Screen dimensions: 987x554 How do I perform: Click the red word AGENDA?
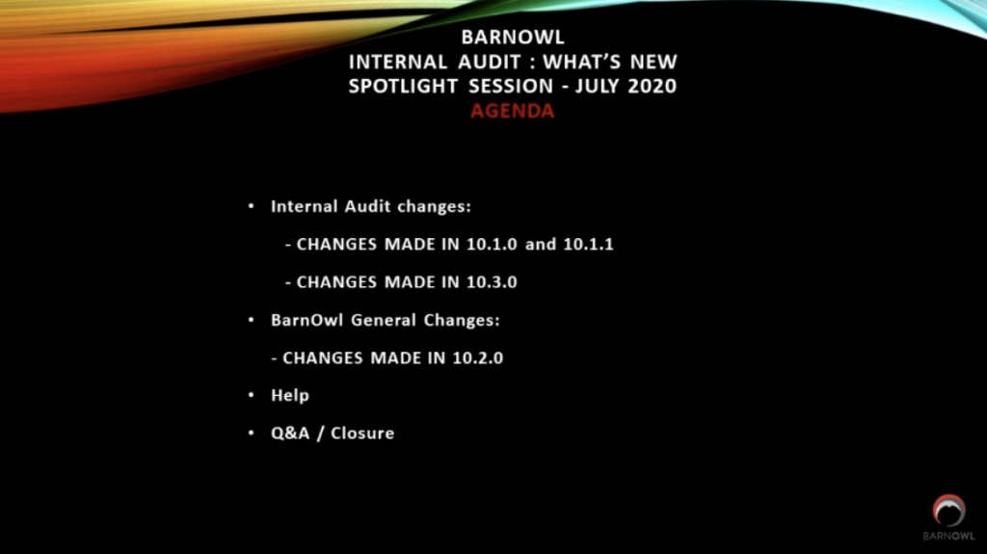513,111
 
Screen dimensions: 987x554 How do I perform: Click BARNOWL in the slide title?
513,38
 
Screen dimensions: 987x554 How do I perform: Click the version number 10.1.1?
588,245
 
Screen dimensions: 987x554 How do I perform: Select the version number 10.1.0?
492,245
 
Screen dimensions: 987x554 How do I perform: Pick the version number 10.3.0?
492,282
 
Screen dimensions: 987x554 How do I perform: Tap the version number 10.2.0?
478,358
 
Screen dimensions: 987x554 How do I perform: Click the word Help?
289,395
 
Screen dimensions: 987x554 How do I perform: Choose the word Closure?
362,434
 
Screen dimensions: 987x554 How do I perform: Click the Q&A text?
290,434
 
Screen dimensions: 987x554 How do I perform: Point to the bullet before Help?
252,395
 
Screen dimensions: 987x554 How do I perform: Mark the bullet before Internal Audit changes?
252,206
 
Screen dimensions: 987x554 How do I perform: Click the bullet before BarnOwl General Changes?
252,320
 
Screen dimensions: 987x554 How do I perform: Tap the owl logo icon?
948,511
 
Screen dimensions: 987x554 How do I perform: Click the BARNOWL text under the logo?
948,536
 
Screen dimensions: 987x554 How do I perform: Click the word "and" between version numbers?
541,245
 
